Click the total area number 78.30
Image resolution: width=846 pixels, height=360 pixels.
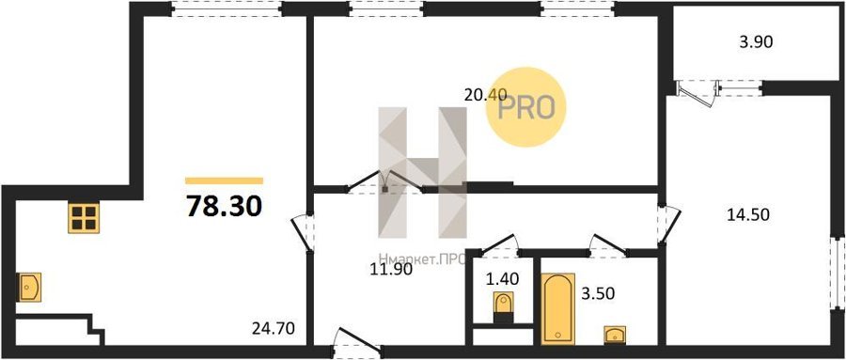[225, 206]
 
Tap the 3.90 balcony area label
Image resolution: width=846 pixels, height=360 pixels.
[757, 42]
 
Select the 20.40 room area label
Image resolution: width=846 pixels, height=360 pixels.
[486, 95]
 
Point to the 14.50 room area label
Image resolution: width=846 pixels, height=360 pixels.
[747, 214]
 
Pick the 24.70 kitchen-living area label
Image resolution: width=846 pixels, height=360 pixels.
[274, 328]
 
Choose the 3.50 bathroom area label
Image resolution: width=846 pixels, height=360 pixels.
[597, 294]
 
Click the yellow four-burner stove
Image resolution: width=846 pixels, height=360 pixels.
[84, 217]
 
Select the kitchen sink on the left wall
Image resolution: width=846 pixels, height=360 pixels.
[29, 287]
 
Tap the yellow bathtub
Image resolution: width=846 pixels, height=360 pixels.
[557, 308]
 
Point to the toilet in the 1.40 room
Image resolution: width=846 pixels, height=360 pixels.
[504, 306]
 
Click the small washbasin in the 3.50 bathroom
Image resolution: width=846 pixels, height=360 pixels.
[615, 334]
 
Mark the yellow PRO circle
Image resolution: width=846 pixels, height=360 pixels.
[525, 107]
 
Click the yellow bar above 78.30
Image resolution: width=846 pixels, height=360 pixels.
[225, 180]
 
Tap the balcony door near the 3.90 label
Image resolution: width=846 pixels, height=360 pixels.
[697, 93]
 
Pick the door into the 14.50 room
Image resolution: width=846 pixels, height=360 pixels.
[668, 224]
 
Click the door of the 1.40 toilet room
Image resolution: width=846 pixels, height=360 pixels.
[500, 244]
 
